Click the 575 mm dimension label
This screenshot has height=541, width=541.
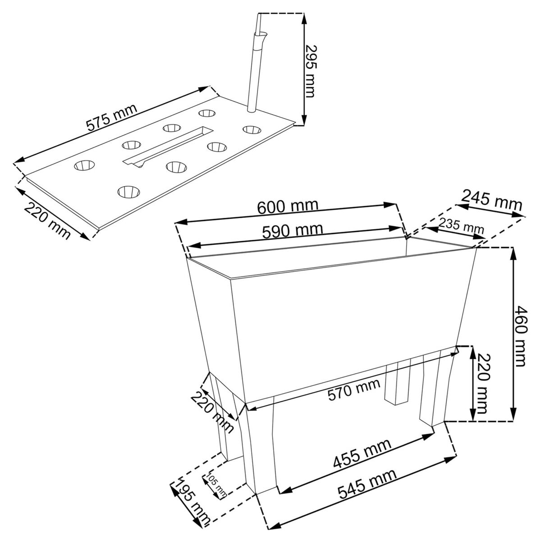[111, 117]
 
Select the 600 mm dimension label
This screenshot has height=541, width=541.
[288, 206]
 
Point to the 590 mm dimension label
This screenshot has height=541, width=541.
[293, 231]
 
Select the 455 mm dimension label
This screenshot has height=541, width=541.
[362, 454]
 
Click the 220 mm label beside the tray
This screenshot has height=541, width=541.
[48, 221]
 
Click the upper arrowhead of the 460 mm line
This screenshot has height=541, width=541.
[513, 254]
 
